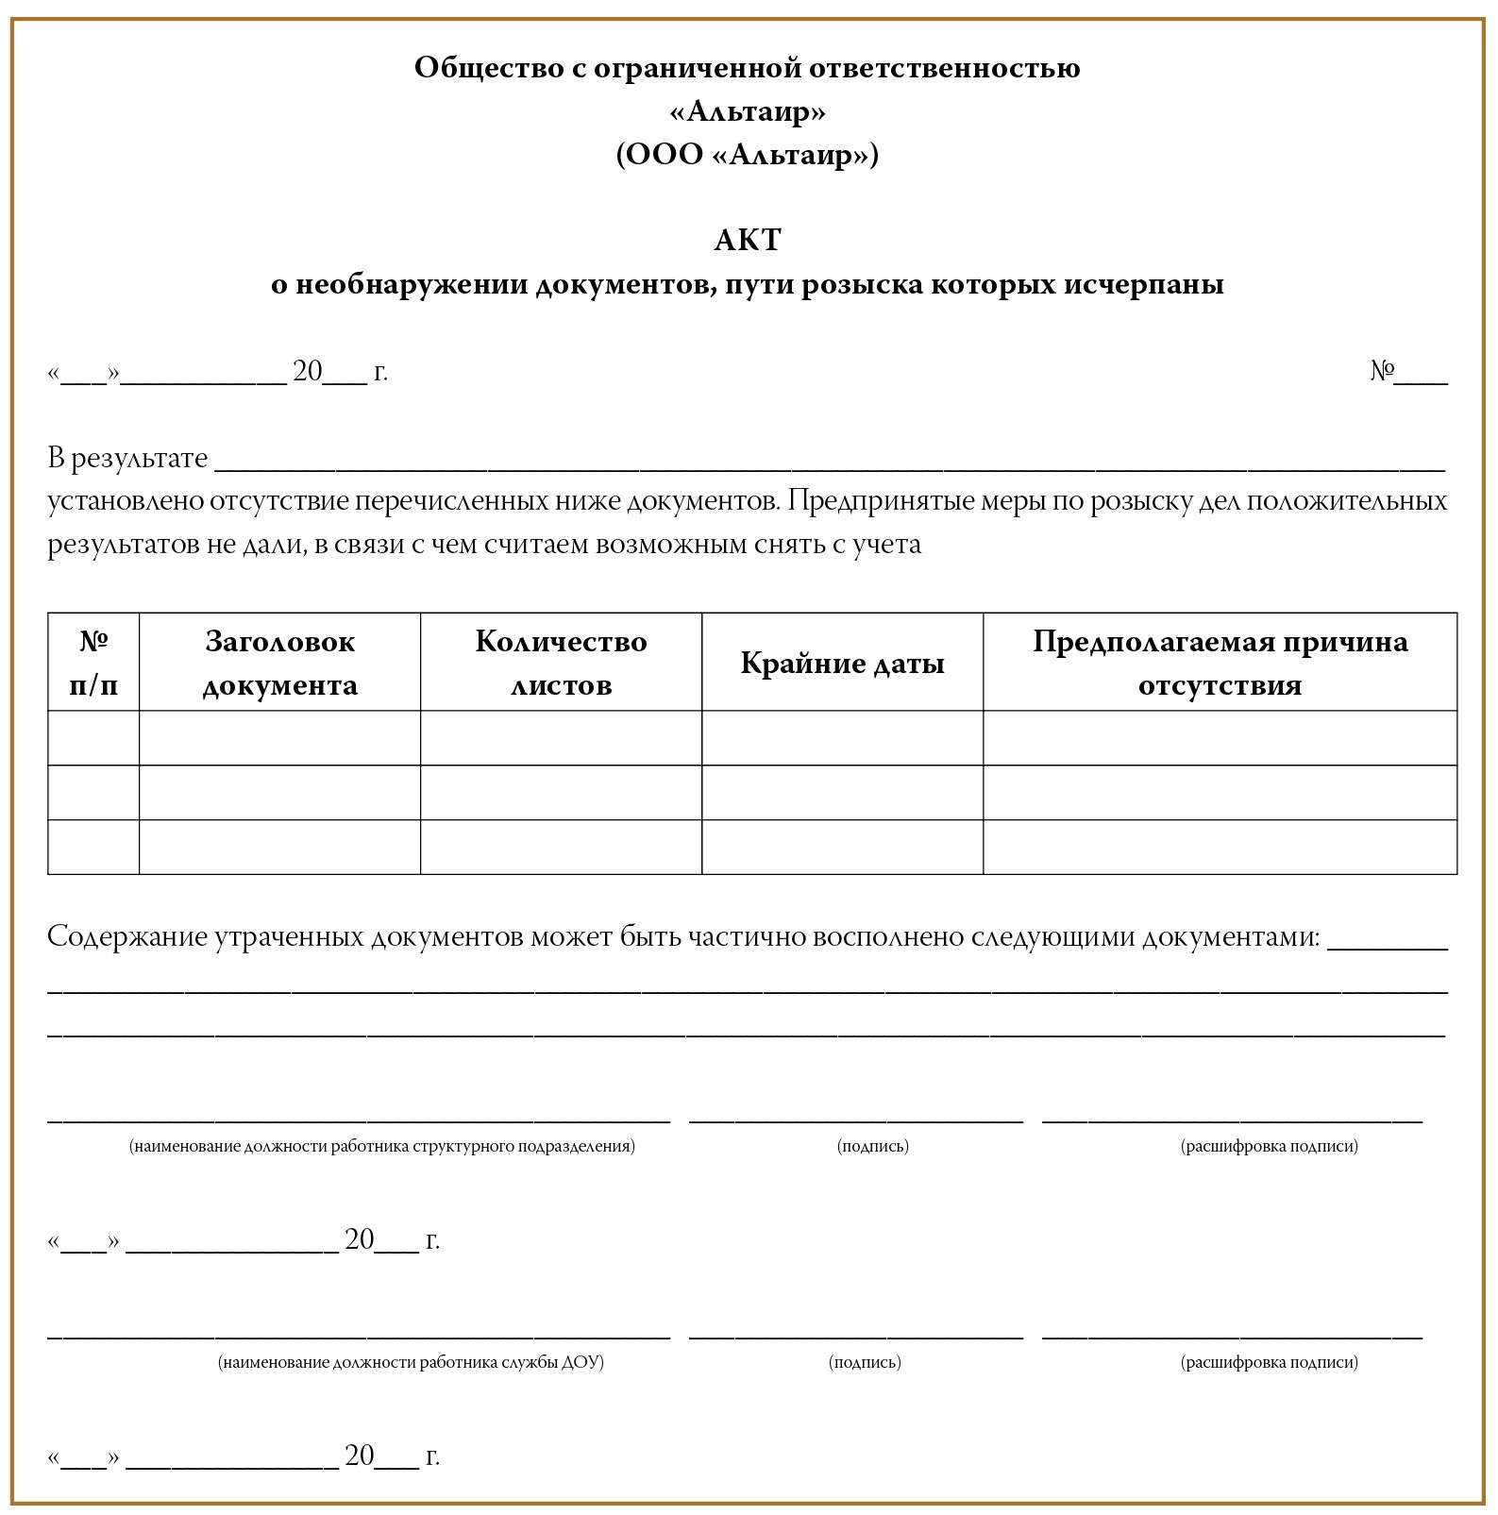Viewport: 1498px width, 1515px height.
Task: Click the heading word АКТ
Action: pos(748,241)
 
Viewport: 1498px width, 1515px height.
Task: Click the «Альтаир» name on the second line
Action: pos(748,111)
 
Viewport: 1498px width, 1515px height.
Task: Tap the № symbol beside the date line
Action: pos(1382,371)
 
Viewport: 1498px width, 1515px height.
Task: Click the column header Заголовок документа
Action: pos(279,663)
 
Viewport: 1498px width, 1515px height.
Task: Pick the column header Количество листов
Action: pos(561,663)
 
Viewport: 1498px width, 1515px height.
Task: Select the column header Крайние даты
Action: pos(842,663)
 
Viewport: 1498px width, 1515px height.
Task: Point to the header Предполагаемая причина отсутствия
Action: pos(1220,663)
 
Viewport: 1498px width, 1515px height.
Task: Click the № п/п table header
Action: pos(93,663)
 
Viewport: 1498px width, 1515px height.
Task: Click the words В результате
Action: pos(127,458)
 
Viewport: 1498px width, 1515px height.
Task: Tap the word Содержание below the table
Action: pos(126,936)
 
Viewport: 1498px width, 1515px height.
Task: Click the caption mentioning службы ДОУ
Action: pos(411,1362)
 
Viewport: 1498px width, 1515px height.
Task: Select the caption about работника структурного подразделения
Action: pos(382,1146)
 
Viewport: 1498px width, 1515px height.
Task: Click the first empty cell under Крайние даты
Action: pos(842,738)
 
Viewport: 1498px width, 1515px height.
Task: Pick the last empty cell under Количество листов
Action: pos(561,847)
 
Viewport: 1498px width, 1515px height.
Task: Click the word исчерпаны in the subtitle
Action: pos(1144,284)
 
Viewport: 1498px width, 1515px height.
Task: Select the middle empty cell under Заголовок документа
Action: pos(279,792)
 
